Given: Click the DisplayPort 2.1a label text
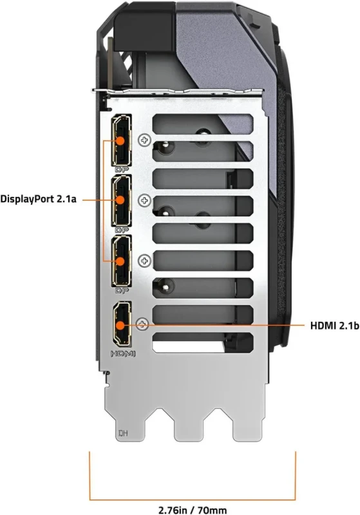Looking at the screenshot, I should click(x=39, y=200).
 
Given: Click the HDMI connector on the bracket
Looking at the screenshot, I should click(x=121, y=326).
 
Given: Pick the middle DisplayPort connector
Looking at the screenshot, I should click(x=121, y=200).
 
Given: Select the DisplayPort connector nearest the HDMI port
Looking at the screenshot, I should click(x=121, y=261).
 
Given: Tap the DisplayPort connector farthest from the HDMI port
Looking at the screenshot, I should click(x=121, y=139).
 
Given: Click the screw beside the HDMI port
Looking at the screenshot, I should click(x=143, y=325).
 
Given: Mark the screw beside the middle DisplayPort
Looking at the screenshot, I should click(x=144, y=200).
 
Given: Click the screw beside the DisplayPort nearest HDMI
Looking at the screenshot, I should click(x=144, y=260).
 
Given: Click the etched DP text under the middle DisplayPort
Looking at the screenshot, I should click(x=120, y=229).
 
